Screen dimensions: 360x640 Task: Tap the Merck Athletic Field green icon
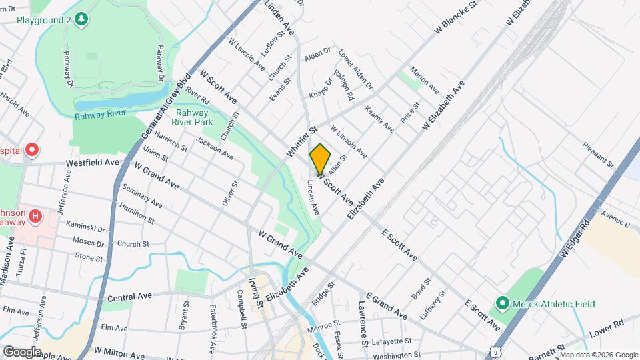(502, 304)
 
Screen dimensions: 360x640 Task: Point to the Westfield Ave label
(92, 162)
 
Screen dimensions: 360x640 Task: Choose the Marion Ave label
(425, 79)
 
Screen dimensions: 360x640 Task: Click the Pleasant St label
(597, 154)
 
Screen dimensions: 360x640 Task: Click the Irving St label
(255, 295)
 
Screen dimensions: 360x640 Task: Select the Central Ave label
(130, 295)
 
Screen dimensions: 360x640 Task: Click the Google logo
(22, 351)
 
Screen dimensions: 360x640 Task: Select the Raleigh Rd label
(344, 85)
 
